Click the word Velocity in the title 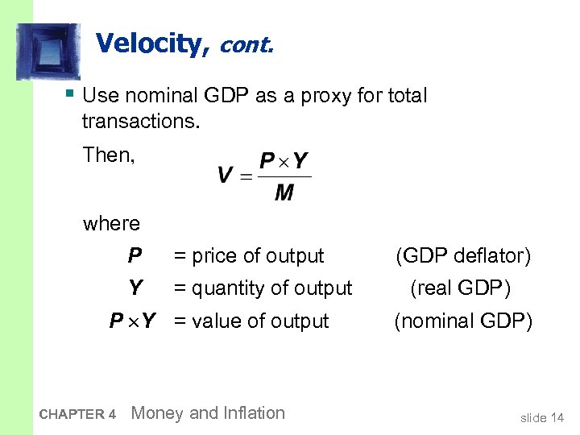coord(151,43)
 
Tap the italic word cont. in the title coord(245,45)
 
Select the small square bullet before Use coord(71,93)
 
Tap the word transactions coord(139,122)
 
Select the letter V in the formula coord(226,176)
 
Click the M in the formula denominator coord(284,193)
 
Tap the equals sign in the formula coord(246,176)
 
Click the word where coord(111,224)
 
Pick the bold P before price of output coord(135,256)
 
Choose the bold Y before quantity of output coord(135,288)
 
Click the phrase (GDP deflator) coord(462,256)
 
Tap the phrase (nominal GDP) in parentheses coord(462,321)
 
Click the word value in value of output coord(215,321)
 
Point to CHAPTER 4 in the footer coord(77,414)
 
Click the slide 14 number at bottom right coord(542,417)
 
